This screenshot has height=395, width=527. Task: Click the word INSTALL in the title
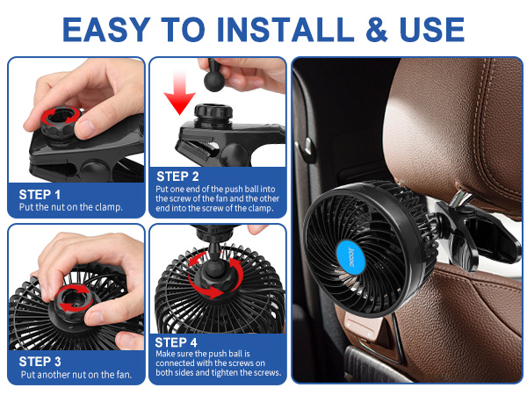tap(278, 29)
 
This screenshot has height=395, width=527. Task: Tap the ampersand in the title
tap(379, 29)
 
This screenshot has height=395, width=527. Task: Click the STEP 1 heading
tap(40, 194)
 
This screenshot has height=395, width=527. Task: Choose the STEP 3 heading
tap(40, 360)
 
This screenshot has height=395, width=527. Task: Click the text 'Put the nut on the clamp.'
tap(70, 208)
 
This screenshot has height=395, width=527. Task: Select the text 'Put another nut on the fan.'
tap(76, 374)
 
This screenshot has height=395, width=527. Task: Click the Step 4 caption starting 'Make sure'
tap(218, 363)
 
